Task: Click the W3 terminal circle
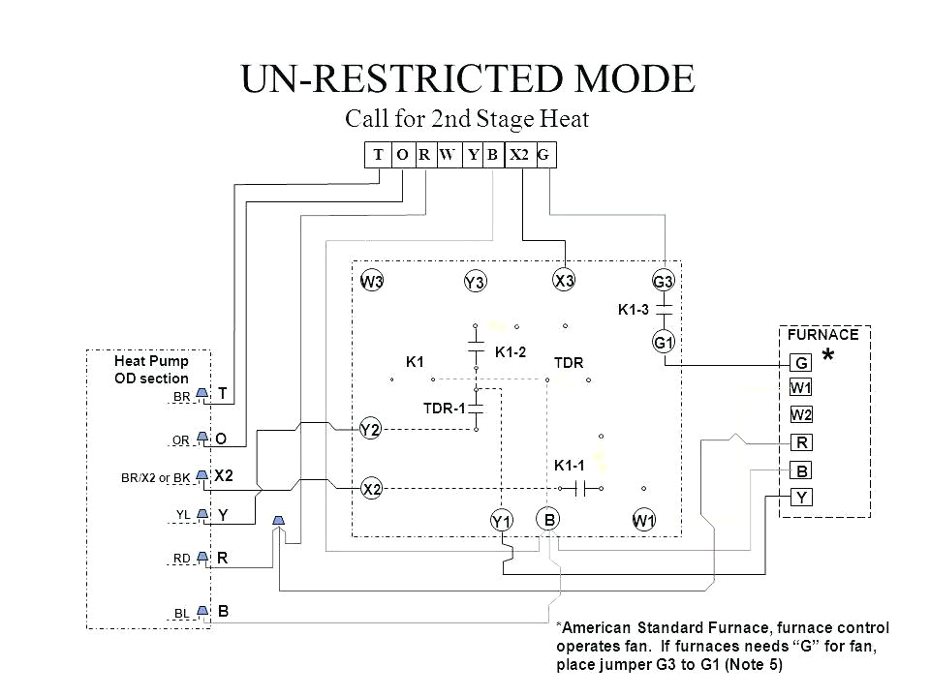(372, 282)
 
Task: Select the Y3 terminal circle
(474, 282)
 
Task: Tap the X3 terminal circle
(565, 280)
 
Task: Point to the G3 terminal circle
(664, 282)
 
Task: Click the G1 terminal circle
(664, 343)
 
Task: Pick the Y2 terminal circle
(370, 429)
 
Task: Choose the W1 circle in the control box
(644, 522)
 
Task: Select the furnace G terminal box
(802, 364)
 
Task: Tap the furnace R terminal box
(802, 444)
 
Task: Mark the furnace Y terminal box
(802, 499)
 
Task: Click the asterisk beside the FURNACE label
(829, 357)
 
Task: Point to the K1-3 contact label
(634, 310)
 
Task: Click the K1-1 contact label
(571, 466)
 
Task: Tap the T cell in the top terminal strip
(379, 153)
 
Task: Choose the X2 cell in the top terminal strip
(520, 153)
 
